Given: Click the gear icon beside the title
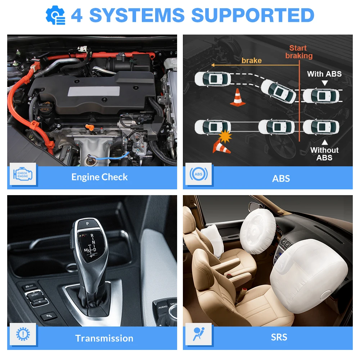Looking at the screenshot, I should click(56, 15).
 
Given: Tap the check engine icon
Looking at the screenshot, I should click(23, 175).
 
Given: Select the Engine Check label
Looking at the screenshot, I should click(99, 177).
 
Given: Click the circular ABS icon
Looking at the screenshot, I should click(198, 175).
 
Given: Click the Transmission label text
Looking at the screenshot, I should click(104, 338).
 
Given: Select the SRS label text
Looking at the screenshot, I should click(279, 337).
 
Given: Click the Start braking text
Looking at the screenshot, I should click(299, 52).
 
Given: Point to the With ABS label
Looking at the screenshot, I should click(324, 74).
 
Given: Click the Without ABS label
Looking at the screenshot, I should click(324, 154).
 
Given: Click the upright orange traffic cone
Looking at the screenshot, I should click(238, 97).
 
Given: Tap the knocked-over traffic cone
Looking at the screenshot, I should click(221, 147).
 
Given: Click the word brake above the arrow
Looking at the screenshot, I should click(251, 60).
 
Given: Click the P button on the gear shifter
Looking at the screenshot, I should click(86, 224).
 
